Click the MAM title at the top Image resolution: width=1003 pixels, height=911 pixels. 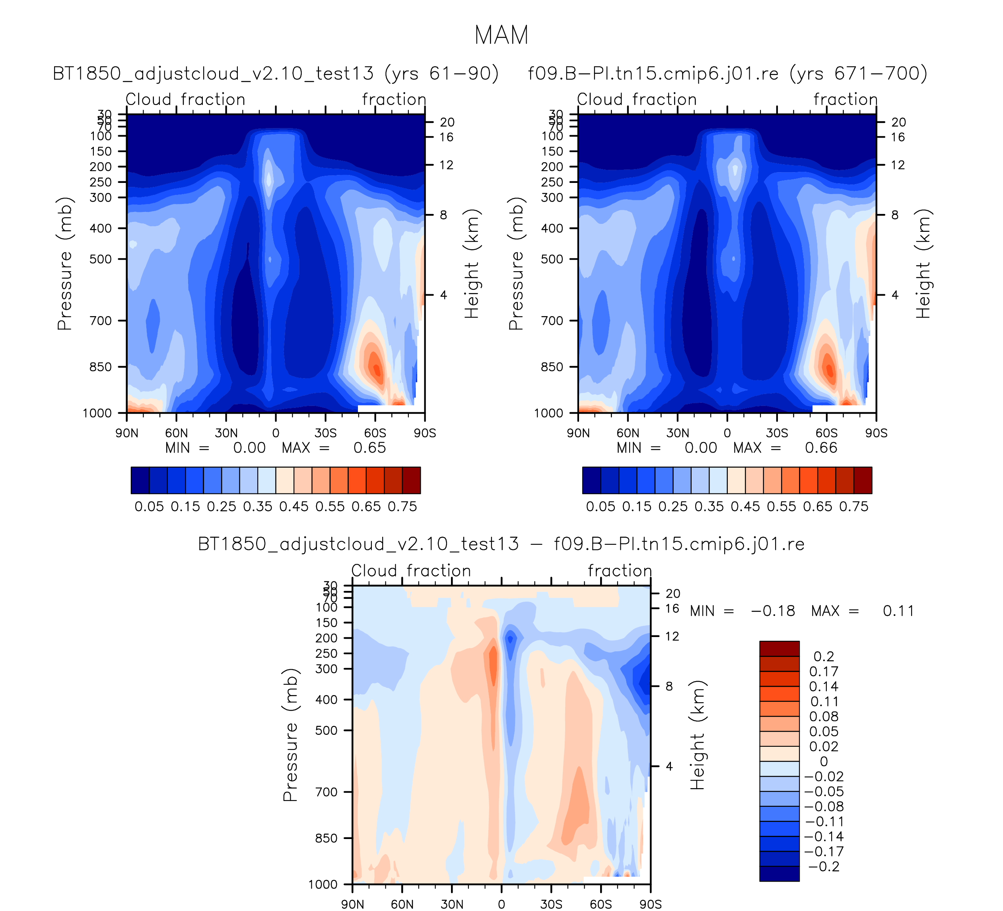pos(501,35)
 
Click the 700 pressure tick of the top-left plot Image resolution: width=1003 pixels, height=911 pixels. pos(101,321)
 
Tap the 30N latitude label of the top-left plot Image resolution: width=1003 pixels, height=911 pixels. pos(226,433)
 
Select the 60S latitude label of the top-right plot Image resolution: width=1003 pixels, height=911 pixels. pos(826,433)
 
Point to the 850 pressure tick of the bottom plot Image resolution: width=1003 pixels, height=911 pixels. pos(327,838)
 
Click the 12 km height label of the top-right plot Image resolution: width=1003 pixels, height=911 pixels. pos(898,165)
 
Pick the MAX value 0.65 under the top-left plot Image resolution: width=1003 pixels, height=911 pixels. pos(369,448)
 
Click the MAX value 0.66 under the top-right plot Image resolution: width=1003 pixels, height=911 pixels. pos(821,448)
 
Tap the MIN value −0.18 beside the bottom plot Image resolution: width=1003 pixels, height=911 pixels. pos(773,611)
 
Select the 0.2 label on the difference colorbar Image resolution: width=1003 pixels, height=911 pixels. pos(824,656)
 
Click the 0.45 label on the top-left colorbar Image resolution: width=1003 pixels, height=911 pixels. pos(294,507)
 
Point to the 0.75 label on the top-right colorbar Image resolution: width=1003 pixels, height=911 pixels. pos(854,507)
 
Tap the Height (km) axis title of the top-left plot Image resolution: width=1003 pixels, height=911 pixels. pos(471,264)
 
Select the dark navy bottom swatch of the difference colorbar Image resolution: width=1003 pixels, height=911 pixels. pos(779,873)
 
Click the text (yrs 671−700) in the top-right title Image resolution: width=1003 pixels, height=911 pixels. pos(858,74)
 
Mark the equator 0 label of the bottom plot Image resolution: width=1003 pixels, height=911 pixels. pos(501,904)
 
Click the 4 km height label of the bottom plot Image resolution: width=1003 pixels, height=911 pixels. pos(669,766)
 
